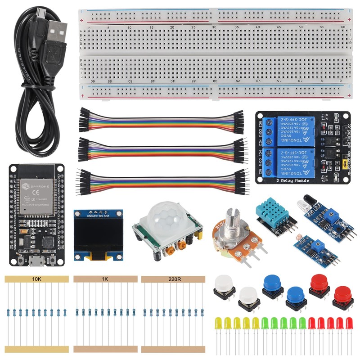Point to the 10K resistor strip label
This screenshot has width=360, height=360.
point(37,279)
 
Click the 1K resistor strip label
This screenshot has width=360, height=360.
point(104,279)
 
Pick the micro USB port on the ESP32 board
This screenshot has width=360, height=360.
point(36,261)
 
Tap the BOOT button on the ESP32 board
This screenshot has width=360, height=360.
point(52,260)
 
